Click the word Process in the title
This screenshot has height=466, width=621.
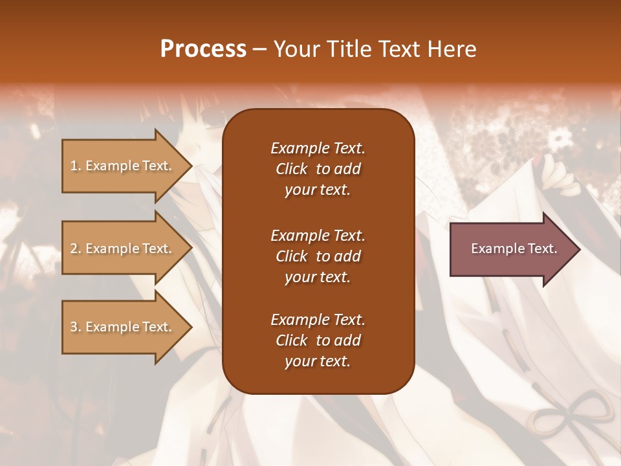pos(203,49)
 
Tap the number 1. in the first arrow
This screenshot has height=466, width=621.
pos(76,166)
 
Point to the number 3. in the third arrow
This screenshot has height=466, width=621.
pos(76,327)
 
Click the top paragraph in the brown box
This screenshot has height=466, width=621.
pos(318,169)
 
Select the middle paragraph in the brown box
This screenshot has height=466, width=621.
pos(318,256)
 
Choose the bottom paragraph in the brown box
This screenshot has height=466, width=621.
pos(318,340)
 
